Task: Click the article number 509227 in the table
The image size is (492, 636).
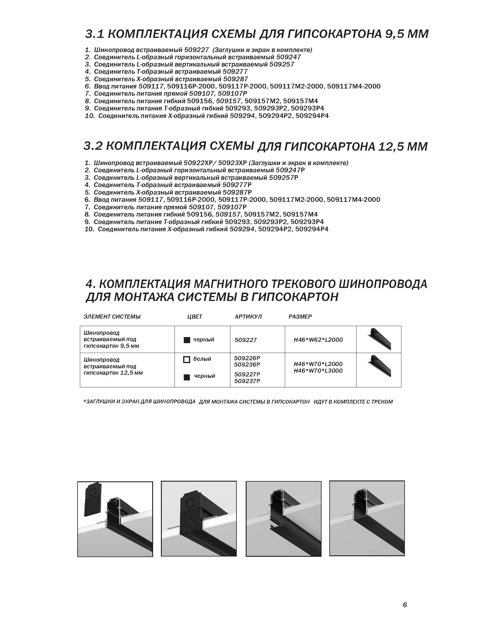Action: click(245, 340)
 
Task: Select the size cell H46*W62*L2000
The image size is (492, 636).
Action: click(318, 340)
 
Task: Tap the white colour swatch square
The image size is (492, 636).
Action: click(187, 360)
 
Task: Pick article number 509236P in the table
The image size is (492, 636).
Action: click(247, 365)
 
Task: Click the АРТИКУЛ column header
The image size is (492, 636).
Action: click(248, 317)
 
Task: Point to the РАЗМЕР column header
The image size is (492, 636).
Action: click(300, 317)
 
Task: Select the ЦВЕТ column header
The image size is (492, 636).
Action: click(194, 317)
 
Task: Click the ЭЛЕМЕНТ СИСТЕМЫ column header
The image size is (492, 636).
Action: click(112, 317)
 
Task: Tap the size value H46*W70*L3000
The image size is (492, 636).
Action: click(318, 371)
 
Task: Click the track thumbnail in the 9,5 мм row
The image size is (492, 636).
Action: click(379, 339)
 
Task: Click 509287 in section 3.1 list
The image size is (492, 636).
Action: click(236, 79)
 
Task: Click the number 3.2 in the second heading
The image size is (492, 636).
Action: click(92, 146)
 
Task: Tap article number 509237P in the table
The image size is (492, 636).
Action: click(247, 381)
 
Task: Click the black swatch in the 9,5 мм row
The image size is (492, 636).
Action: click(187, 340)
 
